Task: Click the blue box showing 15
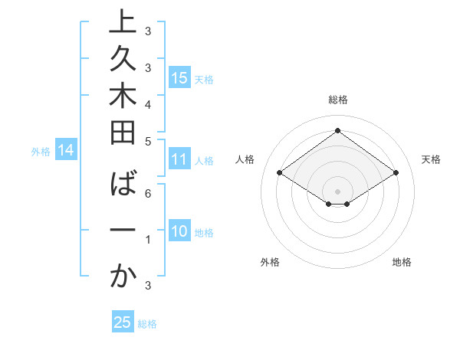pyautogui.click(x=179, y=77)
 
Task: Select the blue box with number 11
pyautogui.click(x=179, y=159)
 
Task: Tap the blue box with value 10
pyautogui.click(x=179, y=232)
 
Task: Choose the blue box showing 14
pyautogui.click(x=66, y=151)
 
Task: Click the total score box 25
pyautogui.click(x=123, y=322)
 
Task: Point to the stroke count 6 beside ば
pyautogui.click(x=148, y=195)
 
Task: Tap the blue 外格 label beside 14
pyautogui.click(x=41, y=152)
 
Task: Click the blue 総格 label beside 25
pyautogui.click(x=147, y=324)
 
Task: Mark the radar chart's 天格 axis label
pyautogui.click(x=431, y=159)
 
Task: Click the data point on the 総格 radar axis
pyautogui.click(x=337, y=130)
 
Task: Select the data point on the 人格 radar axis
pyautogui.click(x=280, y=173)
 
